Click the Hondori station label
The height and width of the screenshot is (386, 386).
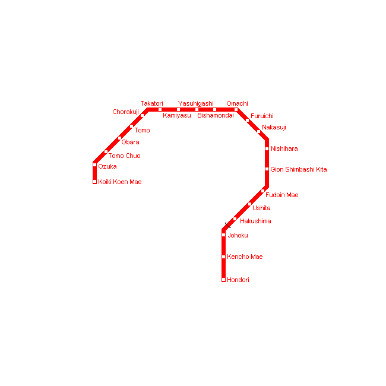tap(238, 280)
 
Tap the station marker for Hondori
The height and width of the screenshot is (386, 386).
tap(224, 279)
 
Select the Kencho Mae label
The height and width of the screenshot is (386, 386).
tap(245, 257)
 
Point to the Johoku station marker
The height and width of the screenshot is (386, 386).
tap(224, 235)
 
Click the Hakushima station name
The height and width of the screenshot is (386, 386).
tap(255, 222)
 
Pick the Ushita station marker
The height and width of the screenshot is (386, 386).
tap(249, 204)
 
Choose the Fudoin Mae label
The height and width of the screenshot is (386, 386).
tap(282, 195)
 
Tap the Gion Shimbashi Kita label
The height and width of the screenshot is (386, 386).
tap(299, 170)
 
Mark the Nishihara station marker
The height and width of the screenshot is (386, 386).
tap(267, 148)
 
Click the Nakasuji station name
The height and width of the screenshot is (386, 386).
tap(274, 128)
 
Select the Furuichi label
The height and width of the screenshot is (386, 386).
tap(262, 116)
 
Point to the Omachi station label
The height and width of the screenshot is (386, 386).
tap(237, 104)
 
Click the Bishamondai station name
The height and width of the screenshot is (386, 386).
tap(216, 116)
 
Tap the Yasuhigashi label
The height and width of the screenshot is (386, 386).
tap(195, 104)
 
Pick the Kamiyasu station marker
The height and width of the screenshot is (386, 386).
tap(178, 109)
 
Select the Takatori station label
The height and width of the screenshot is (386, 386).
tap(151, 104)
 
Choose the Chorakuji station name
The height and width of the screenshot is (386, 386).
tap(125, 112)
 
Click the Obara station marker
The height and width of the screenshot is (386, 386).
tap(119, 138)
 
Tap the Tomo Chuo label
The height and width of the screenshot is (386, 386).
tap(124, 156)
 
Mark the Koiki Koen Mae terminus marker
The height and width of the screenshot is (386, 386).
tap(95, 182)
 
